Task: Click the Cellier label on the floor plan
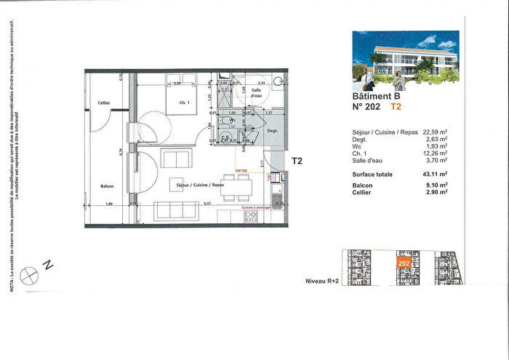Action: tap(104, 103)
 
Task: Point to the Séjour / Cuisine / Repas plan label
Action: tap(200, 185)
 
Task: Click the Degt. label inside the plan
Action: tap(273, 131)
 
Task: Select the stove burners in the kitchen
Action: tap(251, 215)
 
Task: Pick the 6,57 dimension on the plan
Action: tap(207, 204)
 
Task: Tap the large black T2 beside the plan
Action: tap(297, 161)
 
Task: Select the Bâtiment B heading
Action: tap(376, 95)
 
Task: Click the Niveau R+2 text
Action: tap(322, 280)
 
